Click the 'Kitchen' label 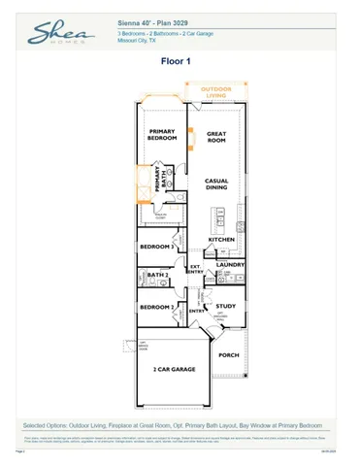pos(222,239)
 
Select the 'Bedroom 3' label pos(157,248)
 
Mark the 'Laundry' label pos(230,263)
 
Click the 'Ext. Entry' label pos(194,271)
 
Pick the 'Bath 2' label pos(157,277)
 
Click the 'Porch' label pos(228,354)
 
